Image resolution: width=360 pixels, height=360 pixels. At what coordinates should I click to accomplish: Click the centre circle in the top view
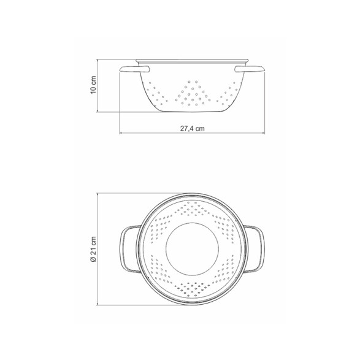coord(192,249)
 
